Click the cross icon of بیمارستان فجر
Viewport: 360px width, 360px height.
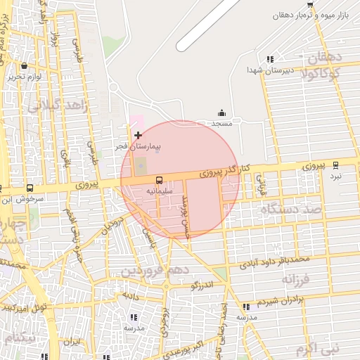click(x=138, y=134)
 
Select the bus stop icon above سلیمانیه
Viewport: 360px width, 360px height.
click(x=159, y=180)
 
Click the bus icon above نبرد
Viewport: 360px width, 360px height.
click(x=335, y=165)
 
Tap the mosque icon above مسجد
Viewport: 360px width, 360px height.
click(x=222, y=112)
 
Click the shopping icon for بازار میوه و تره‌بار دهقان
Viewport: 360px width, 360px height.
click(x=310, y=4)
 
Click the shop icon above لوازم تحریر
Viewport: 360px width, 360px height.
click(x=24, y=66)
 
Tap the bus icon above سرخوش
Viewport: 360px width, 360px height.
click(x=30, y=188)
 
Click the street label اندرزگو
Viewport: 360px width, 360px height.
click(x=202, y=285)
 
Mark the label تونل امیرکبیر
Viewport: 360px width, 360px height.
click(x=23, y=307)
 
